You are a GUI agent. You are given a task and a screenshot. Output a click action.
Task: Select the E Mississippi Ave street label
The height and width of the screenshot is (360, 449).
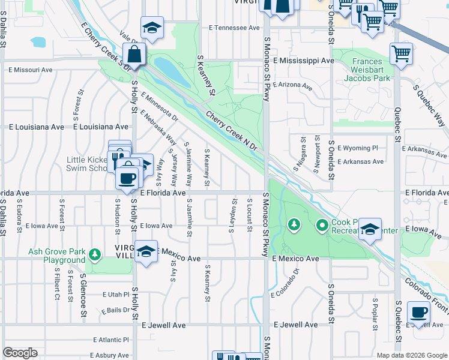(303, 61)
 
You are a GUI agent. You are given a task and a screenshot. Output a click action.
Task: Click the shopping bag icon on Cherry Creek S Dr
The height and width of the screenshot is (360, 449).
(134, 55)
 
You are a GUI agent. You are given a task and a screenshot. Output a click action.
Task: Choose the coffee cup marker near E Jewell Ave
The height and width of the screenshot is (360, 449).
(418, 313)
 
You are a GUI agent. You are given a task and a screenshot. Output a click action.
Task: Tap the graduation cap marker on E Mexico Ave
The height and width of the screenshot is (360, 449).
(145, 251)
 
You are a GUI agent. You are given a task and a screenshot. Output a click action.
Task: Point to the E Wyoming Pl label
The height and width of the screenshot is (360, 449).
(358, 148)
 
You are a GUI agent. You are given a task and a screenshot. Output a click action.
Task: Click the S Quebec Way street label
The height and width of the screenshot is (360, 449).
(430, 104)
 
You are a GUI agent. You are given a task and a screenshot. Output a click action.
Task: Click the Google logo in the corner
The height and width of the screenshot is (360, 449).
(20, 353)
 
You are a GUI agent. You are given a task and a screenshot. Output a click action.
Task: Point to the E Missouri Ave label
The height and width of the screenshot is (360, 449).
(30, 70)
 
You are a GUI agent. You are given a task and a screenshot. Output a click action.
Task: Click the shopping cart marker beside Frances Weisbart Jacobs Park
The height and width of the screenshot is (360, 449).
(400, 53)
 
